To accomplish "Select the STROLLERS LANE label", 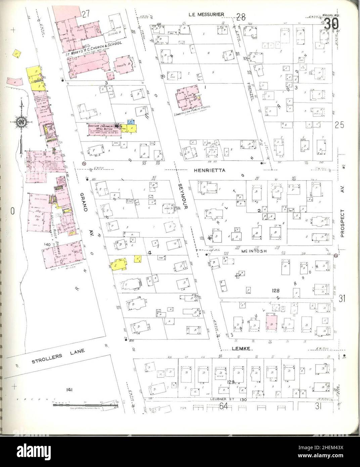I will (58, 357).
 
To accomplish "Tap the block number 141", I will (70, 390).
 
